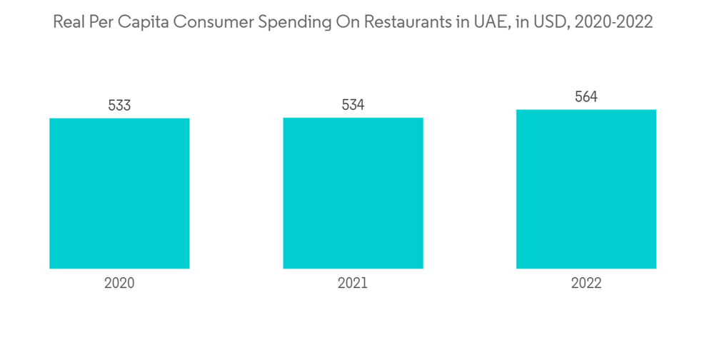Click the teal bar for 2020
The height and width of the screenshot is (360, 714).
tap(119, 193)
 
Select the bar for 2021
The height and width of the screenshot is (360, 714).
tap(353, 193)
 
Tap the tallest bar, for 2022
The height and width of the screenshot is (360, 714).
tap(586, 189)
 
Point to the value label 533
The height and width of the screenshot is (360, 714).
tap(119, 106)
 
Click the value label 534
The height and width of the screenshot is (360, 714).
tap(353, 106)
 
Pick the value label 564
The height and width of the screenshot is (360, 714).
tap(586, 97)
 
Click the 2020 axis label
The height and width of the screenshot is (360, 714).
tap(119, 283)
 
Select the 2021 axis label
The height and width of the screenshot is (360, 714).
tap(353, 283)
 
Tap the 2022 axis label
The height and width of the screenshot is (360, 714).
tap(586, 283)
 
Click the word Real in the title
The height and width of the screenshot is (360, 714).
tap(69, 22)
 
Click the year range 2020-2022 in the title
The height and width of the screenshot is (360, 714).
tap(611, 22)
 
